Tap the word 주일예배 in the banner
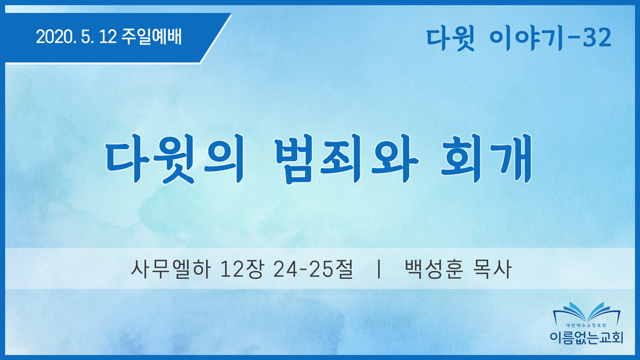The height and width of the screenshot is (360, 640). [151, 37]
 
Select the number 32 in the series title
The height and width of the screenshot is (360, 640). [597, 38]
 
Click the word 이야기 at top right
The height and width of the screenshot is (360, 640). [526, 38]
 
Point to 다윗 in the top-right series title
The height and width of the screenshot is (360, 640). [450, 38]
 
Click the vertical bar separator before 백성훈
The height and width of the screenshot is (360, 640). [379, 269]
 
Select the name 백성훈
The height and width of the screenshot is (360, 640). [434, 269]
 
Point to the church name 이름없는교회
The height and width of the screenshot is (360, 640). [586, 337]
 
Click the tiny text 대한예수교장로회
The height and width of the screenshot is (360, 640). [586, 326]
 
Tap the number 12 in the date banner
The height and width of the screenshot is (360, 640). [108, 37]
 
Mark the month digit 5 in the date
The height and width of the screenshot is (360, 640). [86, 37]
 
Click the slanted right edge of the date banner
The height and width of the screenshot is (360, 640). [216, 38]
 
